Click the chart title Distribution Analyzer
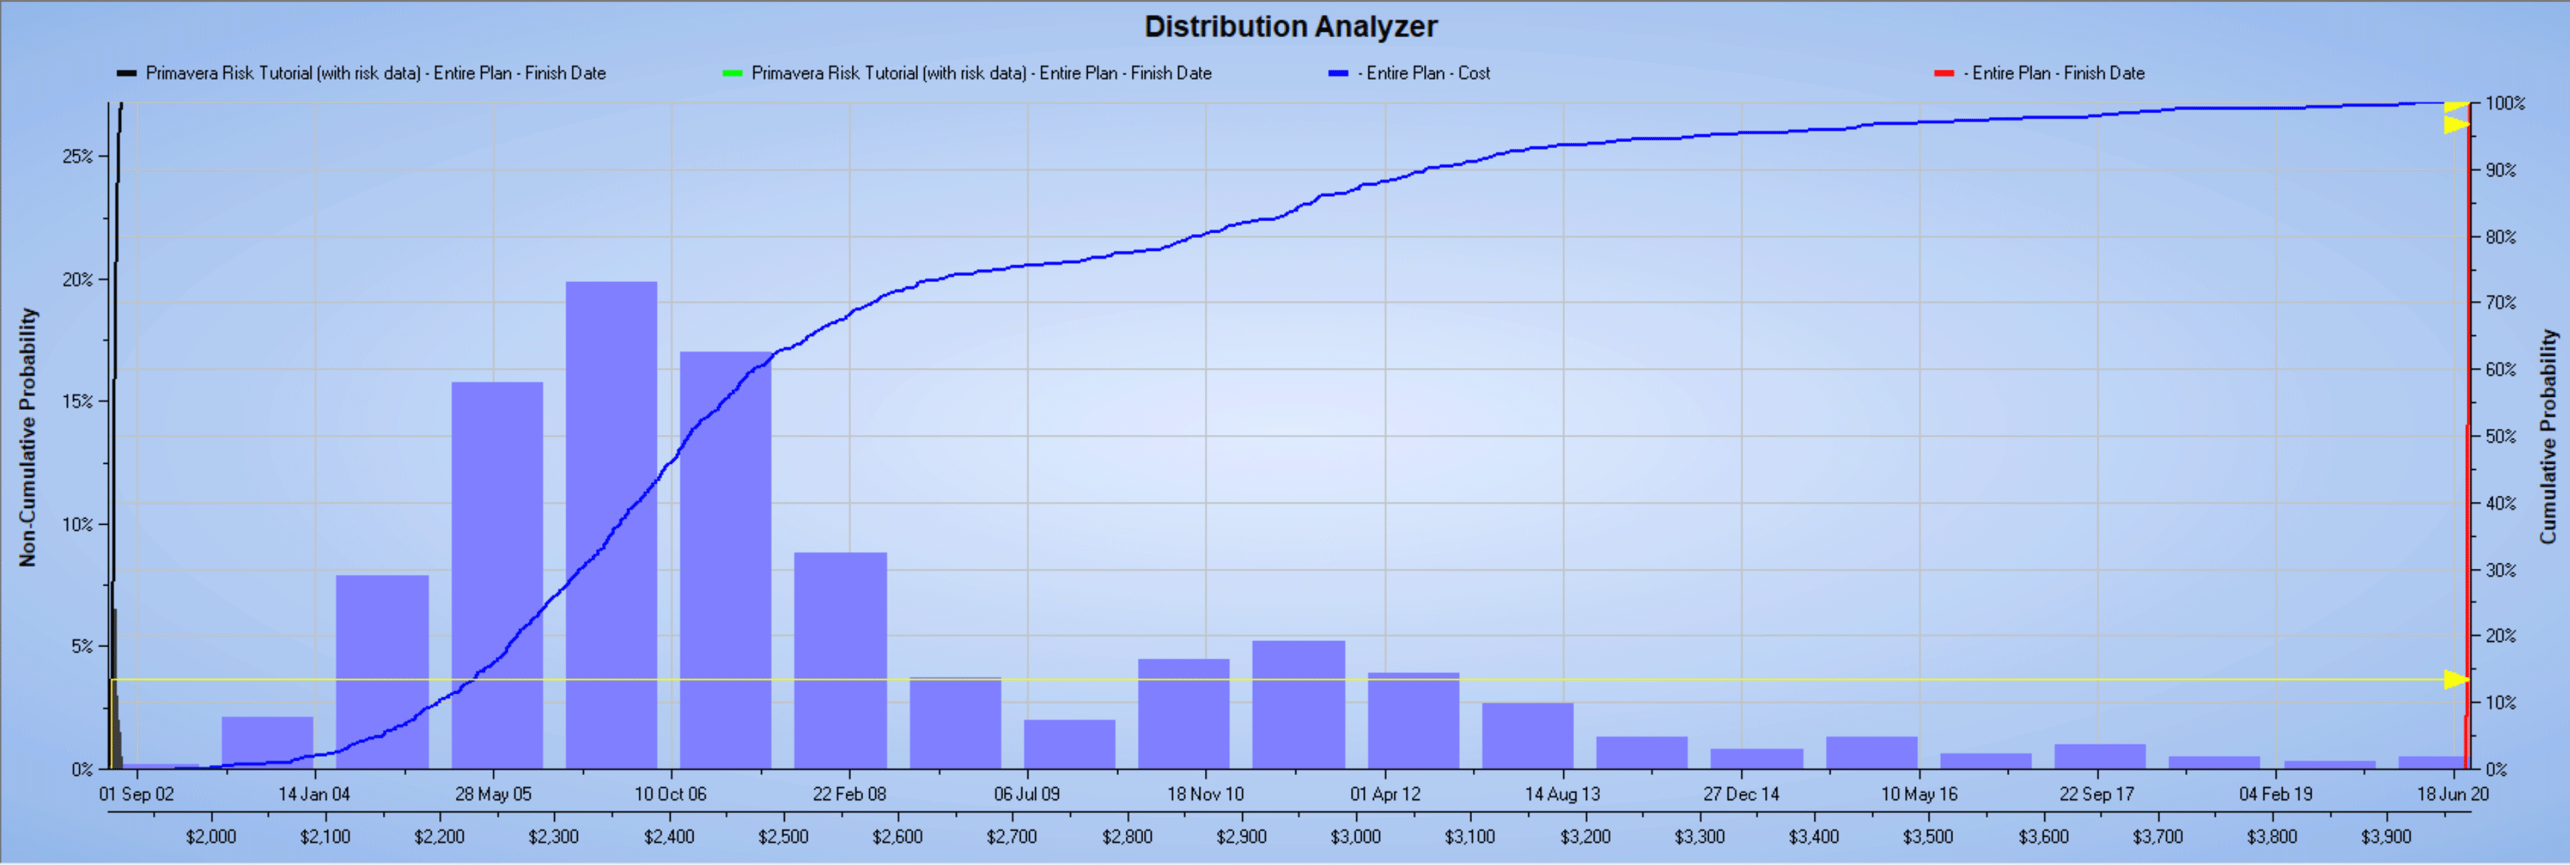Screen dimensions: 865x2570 [1290, 26]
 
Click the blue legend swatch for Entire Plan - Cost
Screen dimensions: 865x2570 [1338, 73]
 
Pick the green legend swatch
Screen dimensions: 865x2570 [732, 73]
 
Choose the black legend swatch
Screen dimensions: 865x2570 [127, 73]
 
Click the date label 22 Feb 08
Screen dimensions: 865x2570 [849, 794]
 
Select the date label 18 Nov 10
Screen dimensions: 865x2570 [1206, 794]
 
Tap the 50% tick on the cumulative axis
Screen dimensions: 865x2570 [2500, 437]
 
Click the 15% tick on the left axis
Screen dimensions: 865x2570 [78, 401]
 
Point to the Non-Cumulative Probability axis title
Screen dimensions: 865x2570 [27, 437]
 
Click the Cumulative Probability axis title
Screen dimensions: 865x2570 [2548, 437]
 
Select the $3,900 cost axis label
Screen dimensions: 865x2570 [2385, 836]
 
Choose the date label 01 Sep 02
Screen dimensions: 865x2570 [137, 794]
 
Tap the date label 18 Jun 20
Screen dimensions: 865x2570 [2452, 794]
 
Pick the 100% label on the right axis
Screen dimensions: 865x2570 [2504, 103]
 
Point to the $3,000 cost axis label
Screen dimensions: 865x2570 [1355, 836]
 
